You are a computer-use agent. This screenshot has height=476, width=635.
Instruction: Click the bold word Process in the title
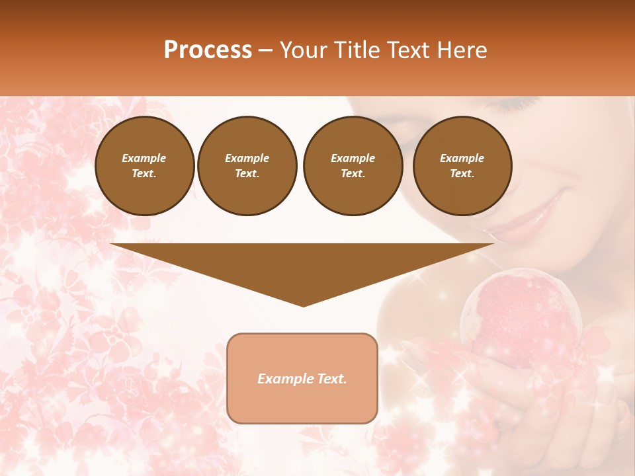coord(208,50)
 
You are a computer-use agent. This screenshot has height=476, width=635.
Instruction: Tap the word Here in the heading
coord(462,50)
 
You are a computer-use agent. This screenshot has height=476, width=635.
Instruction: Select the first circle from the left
coord(145,165)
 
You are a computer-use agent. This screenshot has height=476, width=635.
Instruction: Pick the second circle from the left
coord(247,165)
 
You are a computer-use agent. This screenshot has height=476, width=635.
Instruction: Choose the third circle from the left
coord(353,165)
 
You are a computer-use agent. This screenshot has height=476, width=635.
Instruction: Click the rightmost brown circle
coord(462,165)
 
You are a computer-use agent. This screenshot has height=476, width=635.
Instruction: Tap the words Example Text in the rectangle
coord(302,379)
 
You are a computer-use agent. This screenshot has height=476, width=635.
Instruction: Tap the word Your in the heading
coord(305,50)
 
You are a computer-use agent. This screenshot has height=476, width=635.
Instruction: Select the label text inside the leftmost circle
coord(144,165)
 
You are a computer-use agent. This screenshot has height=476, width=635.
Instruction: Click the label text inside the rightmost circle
coord(462,165)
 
